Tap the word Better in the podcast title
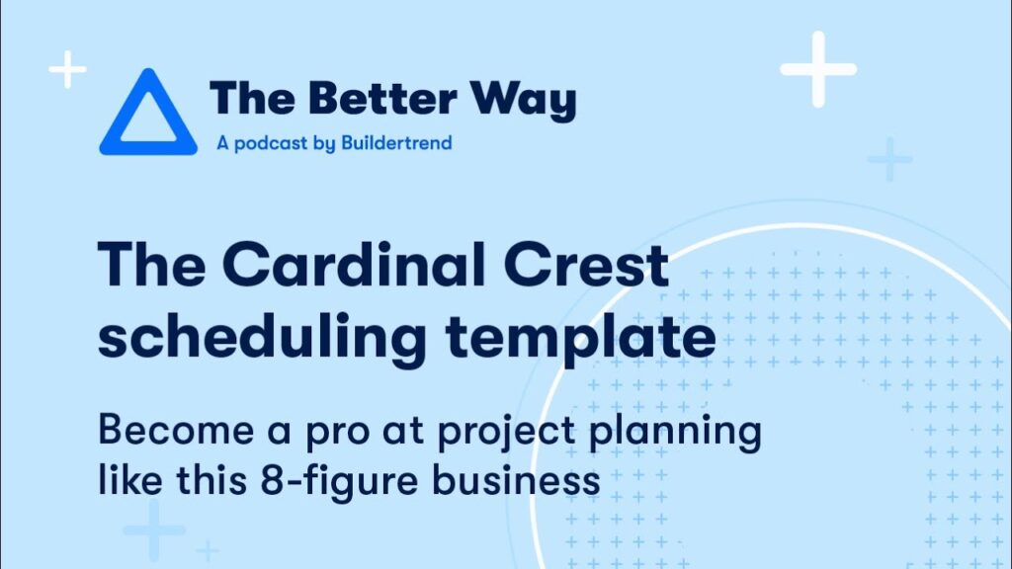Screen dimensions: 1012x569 382,99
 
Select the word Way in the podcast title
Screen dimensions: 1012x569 523,101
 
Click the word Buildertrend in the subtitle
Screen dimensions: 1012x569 396,142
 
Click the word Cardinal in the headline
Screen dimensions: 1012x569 353,265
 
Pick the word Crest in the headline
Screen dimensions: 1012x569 585,265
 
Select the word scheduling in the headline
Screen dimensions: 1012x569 262,340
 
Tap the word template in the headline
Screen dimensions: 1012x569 580,340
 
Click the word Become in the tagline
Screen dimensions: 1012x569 176,430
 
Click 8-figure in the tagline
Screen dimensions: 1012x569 340,482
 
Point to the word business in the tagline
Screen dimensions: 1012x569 516,481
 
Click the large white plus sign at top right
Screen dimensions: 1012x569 818,69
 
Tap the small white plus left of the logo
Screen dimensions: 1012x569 68,69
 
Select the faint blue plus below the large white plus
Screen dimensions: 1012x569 890,159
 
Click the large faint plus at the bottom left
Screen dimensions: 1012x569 153,529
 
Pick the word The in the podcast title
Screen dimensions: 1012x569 253,99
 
